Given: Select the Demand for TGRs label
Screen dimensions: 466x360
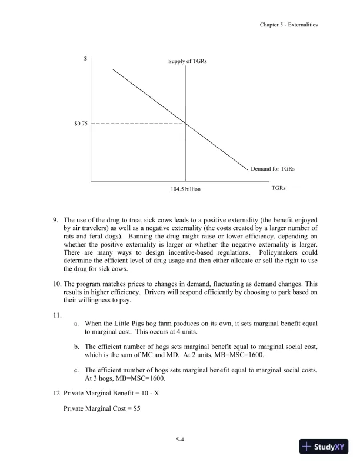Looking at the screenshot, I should (272, 169).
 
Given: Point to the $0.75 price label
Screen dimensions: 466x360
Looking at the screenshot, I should (80, 124).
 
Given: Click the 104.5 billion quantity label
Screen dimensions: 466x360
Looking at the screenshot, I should (185, 189).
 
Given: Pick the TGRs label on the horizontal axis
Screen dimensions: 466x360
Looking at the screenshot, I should (279, 188).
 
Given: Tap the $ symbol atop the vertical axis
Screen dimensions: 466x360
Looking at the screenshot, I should (86, 59).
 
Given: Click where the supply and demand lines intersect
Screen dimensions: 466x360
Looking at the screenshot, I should (186, 124).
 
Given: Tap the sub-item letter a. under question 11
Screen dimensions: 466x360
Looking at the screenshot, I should (76, 324).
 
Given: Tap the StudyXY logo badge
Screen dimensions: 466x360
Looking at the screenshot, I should (324, 447).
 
